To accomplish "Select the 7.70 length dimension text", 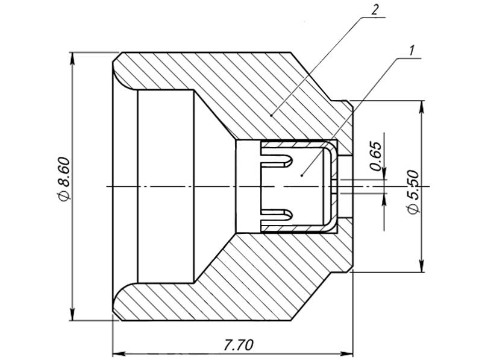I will tap(238, 345).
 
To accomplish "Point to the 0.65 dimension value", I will tap(375, 156).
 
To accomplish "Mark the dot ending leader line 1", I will tap(301, 174).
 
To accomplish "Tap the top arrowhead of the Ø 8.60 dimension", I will tap(72, 57).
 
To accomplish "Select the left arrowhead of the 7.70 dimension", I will tap(118, 352).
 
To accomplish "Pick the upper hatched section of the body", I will tap(241, 90).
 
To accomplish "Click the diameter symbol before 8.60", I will tap(64, 196).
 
